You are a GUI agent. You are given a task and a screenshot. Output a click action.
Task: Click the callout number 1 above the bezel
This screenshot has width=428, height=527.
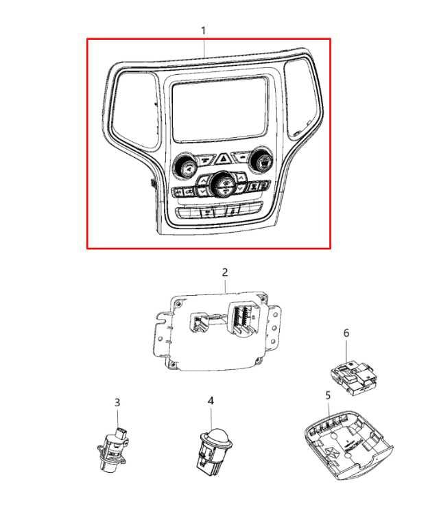[203, 31]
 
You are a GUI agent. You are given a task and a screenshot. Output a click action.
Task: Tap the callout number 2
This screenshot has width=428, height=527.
[225, 272]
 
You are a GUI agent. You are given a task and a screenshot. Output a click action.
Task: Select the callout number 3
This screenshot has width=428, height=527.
[117, 402]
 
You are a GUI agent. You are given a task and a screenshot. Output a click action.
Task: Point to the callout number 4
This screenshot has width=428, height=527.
[211, 401]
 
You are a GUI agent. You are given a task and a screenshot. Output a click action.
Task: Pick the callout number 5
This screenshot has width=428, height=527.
[329, 395]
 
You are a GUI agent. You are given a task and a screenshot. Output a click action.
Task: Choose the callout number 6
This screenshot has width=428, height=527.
[346, 333]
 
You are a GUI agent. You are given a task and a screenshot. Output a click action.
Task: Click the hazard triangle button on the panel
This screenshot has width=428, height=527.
[222, 158]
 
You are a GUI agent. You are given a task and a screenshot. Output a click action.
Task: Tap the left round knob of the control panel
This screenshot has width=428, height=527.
[184, 166]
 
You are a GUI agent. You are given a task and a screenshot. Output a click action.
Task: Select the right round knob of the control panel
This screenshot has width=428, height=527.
[261, 161]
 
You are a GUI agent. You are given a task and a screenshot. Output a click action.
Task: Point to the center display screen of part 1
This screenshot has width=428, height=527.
[221, 110]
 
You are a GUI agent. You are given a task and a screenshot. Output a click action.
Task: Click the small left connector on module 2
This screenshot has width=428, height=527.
[199, 323]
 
